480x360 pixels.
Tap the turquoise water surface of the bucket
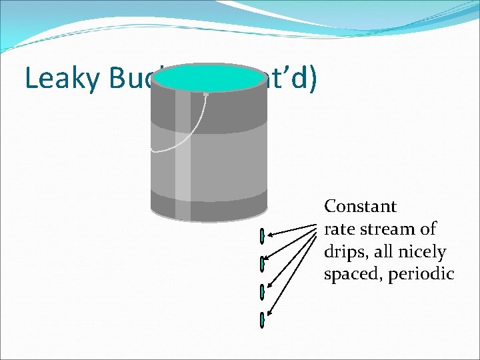[x=209, y=79]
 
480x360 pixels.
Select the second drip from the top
[x=263, y=264]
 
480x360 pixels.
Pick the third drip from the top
[x=263, y=291]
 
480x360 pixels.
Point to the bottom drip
[x=263, y=319]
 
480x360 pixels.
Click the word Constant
[x=360, y=206]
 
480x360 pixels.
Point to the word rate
[x=338, y=229]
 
